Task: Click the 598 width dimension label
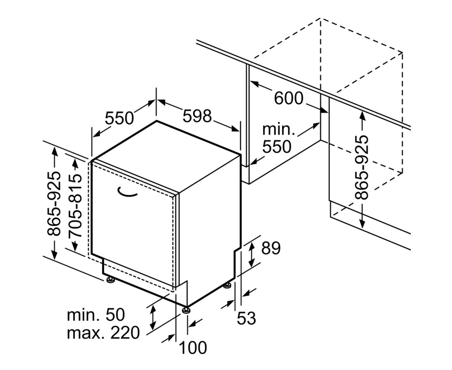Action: click(197, 116)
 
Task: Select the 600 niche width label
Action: click(288, 98)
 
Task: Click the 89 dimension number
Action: click(271, 248)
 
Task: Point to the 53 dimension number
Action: click(246, 318)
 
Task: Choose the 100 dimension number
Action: click(193, 348)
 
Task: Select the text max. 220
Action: click(103, 333)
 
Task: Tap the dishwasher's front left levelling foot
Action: click(110, 280)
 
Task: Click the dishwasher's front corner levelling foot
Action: click(186, 311)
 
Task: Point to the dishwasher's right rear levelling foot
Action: click(227, 285)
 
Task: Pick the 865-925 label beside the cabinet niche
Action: click(361, 167)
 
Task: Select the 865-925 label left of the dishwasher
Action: click(54, 203)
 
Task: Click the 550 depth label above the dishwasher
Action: click(119, 118)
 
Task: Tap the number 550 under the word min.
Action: click(277, 146)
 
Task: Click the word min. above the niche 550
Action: click(279, 129)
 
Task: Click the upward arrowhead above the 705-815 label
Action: click(75, 163)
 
